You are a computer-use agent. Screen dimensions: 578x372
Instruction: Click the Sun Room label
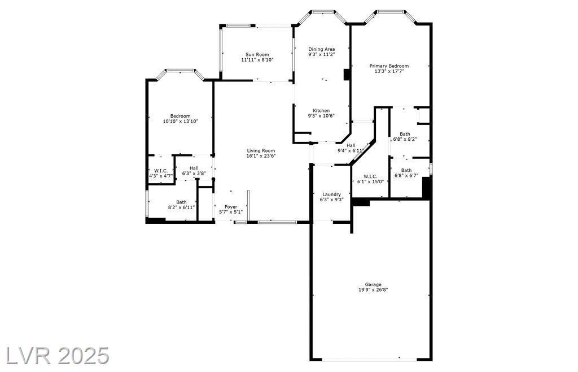click(257, 55)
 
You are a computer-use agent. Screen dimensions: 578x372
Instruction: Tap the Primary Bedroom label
click(389, 66)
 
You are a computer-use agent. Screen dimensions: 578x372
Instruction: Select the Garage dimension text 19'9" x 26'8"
click(373, 289)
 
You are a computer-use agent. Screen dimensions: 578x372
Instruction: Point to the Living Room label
click(261, 150)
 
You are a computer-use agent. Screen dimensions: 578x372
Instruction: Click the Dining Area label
click(321, 49)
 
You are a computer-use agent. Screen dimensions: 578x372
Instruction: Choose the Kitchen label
click(321, 111)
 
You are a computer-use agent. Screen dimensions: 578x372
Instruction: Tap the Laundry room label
click(331, 194)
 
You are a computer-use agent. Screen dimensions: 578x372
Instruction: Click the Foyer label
click(231, 207)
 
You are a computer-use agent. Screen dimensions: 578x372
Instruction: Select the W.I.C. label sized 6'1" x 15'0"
click(370, 176)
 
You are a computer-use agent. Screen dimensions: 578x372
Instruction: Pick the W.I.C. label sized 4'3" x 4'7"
click(161, 171)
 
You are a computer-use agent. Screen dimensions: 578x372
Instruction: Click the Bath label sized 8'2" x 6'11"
click(181, 202)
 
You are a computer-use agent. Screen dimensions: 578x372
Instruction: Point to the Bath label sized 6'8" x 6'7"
click(406, 171)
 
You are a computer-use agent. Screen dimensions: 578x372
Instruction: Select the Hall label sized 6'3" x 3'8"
click(194, 168)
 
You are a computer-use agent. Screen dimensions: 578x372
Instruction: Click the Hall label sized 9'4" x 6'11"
click(351, 145)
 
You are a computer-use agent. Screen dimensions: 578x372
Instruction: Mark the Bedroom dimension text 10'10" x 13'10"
click(180, 121)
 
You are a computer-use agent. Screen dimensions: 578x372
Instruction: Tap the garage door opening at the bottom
click(370, 359)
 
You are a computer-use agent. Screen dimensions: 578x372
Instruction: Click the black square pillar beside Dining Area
click(347, 74)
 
